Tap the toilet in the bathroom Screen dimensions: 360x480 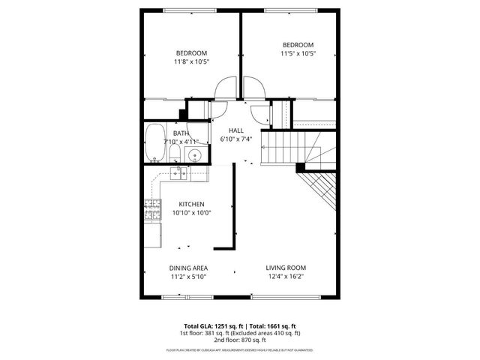(x=174, y=154)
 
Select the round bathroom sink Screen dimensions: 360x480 (x=194, y=156)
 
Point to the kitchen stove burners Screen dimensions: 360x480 (x=152, y=210)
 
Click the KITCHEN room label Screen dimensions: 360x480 (x=191, y=204)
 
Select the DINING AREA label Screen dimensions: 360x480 (x=188, y=268)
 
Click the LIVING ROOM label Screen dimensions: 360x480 (x=286, y=268)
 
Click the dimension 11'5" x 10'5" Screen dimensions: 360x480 (x=297, y=53)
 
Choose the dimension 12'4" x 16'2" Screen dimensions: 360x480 (x=286, y=277)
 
